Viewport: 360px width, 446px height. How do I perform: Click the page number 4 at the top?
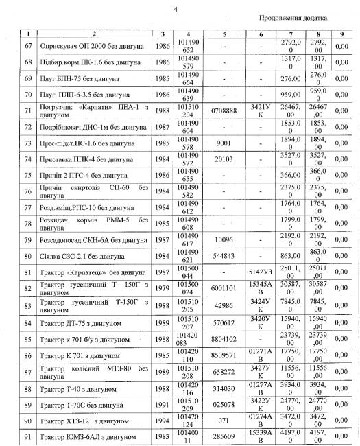click(x=176, y=8)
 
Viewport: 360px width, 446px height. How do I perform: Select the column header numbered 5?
click(x=224, y=34)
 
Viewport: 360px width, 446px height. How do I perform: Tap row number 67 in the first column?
click(x=28, y=45)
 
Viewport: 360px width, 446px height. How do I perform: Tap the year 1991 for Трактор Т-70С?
click(x=161, y=406)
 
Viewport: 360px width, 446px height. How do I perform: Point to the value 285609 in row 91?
click(x=224, y=437)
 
